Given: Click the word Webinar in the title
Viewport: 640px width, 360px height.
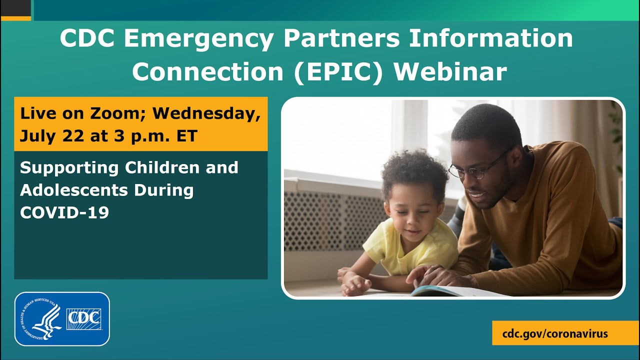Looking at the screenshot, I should (x=450, y=72).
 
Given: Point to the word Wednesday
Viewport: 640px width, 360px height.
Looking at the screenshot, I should (x=206, y=113).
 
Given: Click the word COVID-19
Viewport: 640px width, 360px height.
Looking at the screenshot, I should (x=64, y=212).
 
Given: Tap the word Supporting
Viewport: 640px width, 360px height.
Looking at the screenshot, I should (x=69, y=167).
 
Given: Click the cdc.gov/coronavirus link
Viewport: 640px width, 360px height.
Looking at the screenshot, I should (x=555, y=333).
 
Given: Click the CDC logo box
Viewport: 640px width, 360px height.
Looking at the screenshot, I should (x=83, y=319).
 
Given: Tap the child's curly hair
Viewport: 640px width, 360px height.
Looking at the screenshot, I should (x=415, y=170).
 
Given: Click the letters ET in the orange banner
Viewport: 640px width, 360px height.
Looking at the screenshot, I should (x=186, y=135).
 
